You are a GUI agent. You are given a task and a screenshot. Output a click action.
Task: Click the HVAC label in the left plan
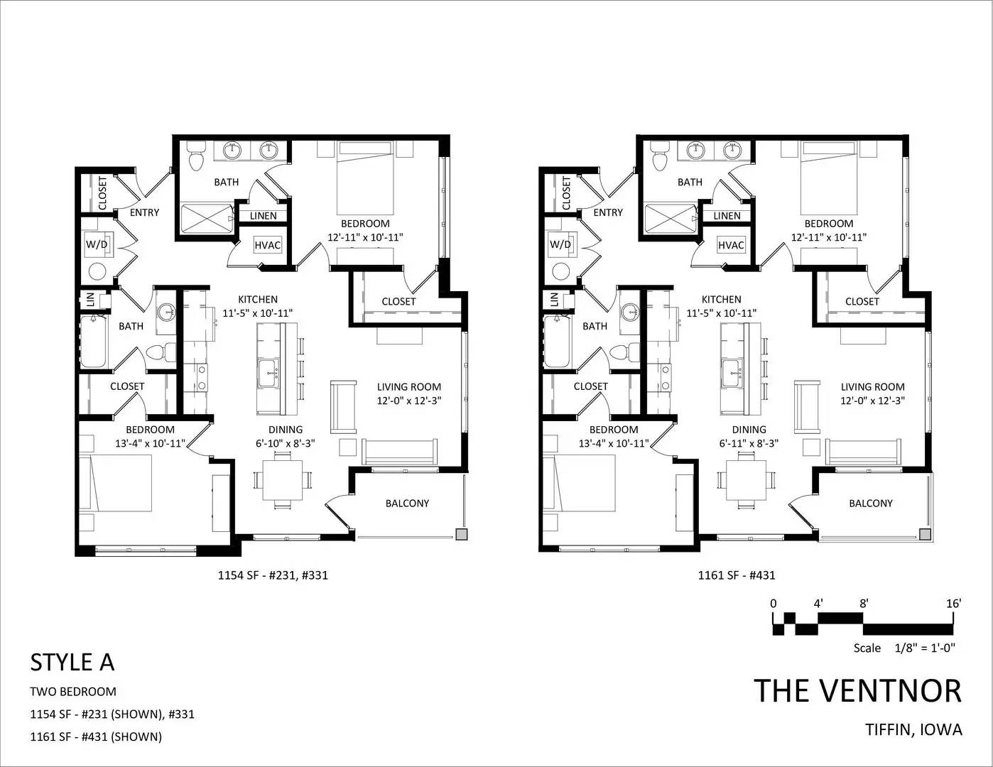[267, 245]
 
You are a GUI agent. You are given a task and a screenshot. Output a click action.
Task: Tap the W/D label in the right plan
[560, 244]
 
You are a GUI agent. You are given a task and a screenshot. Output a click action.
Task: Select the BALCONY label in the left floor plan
[407, 504]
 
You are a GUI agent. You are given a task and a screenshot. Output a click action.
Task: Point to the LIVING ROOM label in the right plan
[872, 387]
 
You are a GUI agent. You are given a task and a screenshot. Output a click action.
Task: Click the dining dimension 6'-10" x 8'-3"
[286, 443]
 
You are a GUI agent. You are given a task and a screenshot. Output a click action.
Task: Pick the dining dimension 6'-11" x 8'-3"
[749, 443]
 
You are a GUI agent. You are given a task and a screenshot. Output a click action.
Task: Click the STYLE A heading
[72, 663]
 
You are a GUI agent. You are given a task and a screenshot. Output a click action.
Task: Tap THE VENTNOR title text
[858, 691]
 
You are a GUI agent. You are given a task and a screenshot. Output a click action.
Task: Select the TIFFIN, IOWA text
[913, 730]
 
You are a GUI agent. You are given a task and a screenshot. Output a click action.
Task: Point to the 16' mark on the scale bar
[954, 604]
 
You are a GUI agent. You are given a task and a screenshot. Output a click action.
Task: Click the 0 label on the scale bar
[774, 604]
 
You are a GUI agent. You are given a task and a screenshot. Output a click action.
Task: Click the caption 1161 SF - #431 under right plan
[736, 575]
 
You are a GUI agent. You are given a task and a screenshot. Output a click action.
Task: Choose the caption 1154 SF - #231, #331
[273, 575]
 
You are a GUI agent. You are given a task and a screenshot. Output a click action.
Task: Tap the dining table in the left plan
[282, 480]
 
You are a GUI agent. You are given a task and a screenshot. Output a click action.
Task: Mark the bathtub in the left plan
[94, 342]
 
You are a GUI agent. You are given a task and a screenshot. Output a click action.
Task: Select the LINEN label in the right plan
[727, 216]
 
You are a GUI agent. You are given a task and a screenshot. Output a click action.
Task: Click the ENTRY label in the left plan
[144, 212]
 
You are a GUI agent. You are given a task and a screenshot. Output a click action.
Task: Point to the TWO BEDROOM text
[73, 692]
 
